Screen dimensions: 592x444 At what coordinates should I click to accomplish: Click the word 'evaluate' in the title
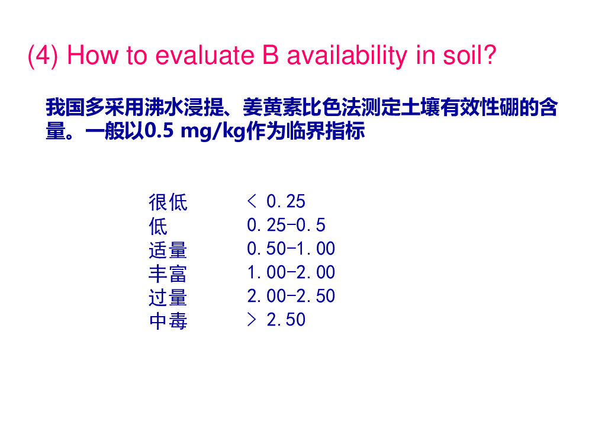(x=205, y=56)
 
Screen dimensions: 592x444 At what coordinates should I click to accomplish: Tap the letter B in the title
(x=271, y=55)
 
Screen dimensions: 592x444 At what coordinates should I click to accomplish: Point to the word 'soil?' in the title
(x=469, y=55)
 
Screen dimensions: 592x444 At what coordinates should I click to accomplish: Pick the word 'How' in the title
(x=92, y=56)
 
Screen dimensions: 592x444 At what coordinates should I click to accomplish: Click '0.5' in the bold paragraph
(x=159, y=131)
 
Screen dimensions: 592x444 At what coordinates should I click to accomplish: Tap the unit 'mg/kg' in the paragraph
(x=213, y=131)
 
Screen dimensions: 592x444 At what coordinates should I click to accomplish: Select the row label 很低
(x=168, y=202)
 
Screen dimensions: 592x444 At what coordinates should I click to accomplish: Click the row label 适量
(x=168, y=250)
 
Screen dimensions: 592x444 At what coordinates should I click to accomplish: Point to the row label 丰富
(x=168, y=273)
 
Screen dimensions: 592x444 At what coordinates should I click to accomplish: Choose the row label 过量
(x=168, y=297)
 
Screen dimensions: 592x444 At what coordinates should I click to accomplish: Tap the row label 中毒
(x=168, y=320)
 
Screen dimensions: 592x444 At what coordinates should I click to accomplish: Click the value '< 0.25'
(x=276, y=201)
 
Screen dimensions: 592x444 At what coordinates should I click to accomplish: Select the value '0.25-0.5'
(x=286, y=225)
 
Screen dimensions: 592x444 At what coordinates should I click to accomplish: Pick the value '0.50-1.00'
(x=291, y=249)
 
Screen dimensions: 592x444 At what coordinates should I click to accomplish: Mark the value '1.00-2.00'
(x=291, y=272)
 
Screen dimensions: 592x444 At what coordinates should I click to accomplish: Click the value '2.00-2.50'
(x=291, y=296)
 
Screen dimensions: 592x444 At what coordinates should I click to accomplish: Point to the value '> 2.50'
(x=276, y=320)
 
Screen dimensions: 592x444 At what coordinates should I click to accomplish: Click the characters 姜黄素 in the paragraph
(x=272, y=107)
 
